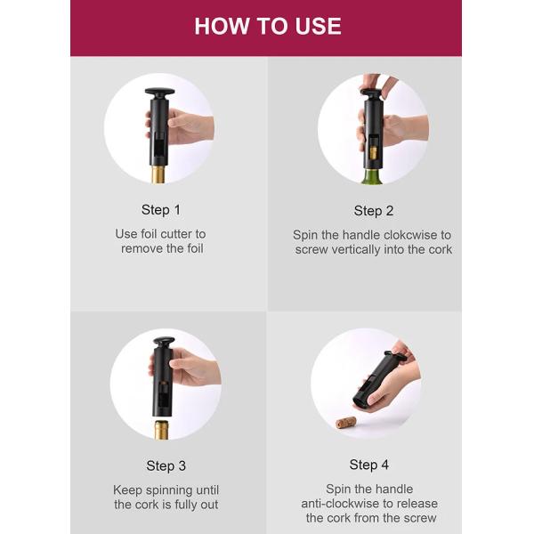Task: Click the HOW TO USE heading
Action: (268, 26)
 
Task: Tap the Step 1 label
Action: (161, 210)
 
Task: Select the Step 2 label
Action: (374, 211)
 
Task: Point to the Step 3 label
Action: (166, 465)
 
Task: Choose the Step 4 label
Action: (368, 465)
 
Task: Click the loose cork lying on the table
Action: (345, 423)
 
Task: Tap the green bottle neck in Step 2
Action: (374, 176)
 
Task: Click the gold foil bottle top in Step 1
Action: (158, 175)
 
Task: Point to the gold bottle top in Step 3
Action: (161, 430)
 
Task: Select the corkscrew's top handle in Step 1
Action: (159, 92)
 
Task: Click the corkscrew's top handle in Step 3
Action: (164, 341)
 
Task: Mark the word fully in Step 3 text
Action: (184, 505)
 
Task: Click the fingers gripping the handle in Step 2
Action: (379, 85)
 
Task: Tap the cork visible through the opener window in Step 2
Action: (374, 152)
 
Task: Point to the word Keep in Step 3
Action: (127, 490)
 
